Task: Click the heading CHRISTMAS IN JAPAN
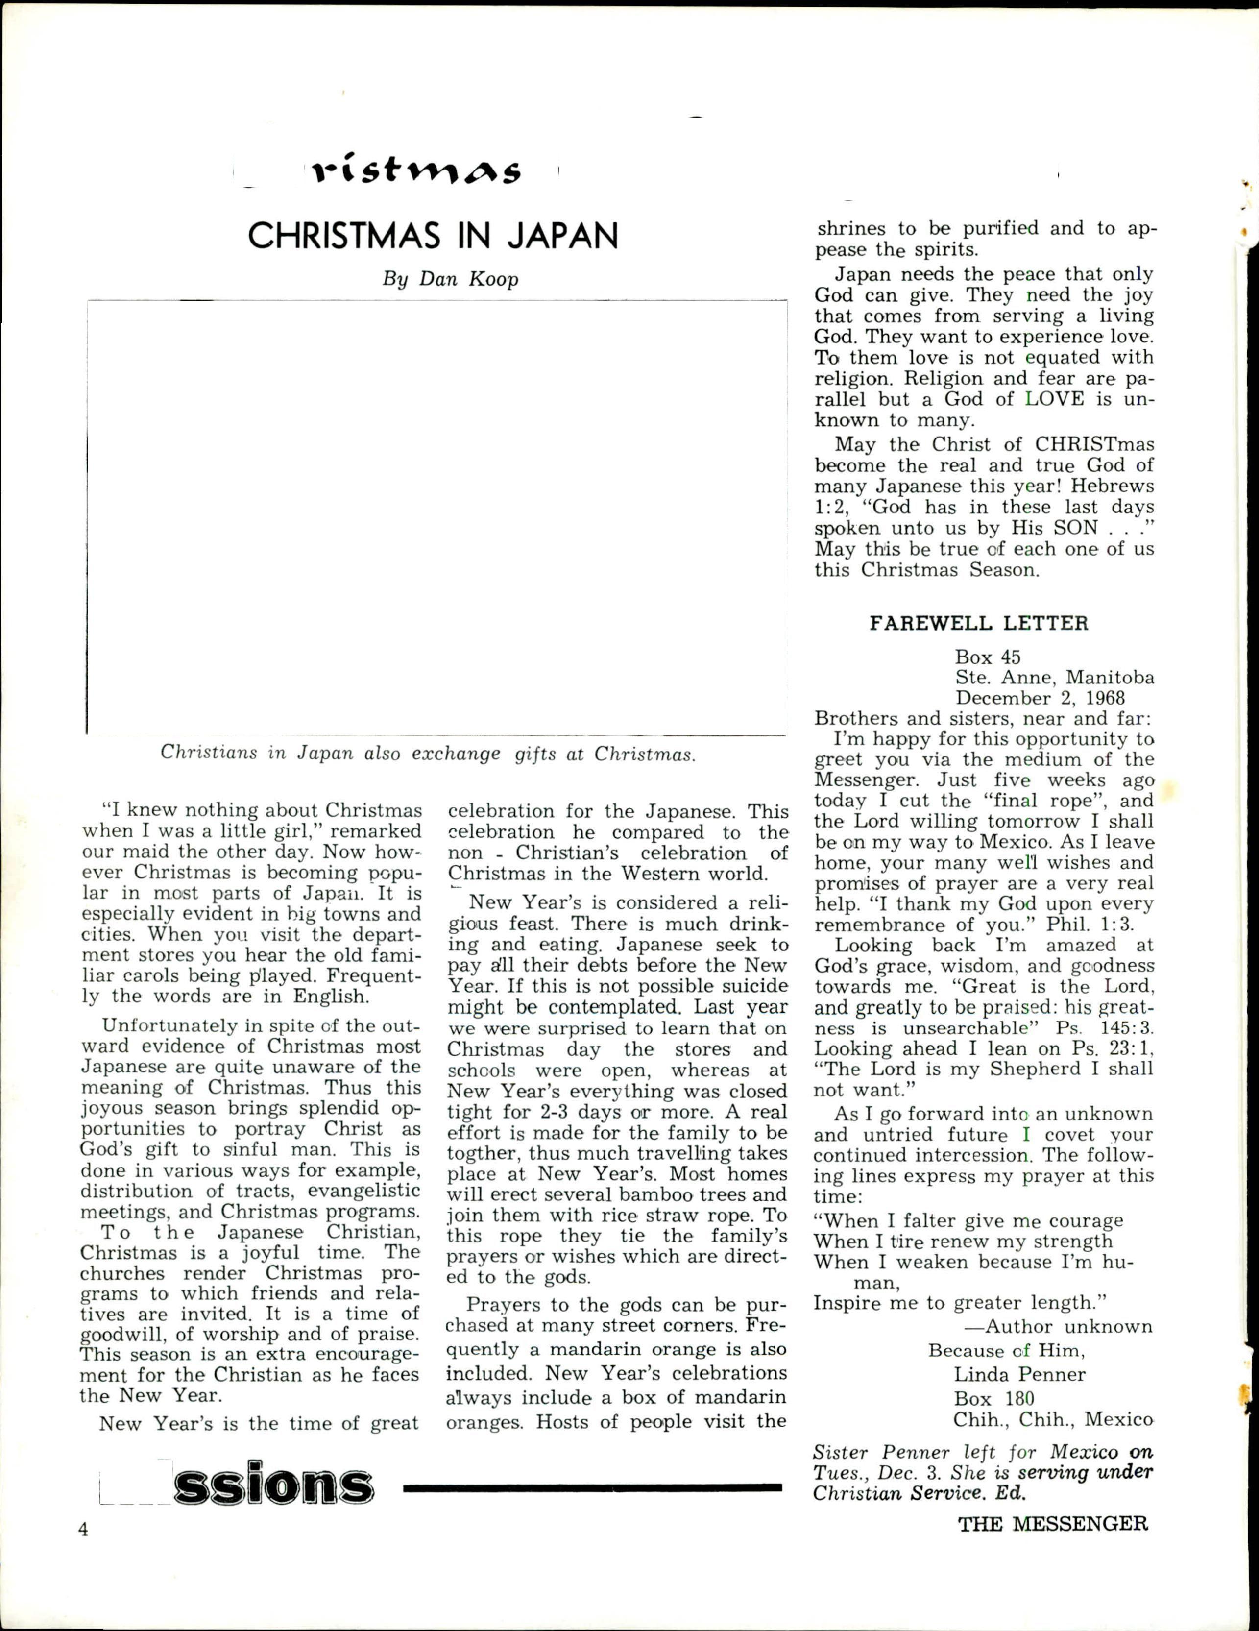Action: pyautogui.click(x=433, y=236)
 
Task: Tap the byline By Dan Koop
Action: pyautogui.click(x=450, y=279)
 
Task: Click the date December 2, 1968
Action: pyautogui.click(x=1040, y=698)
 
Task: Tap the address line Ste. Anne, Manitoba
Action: pyautogui.click(x=1054, y=678)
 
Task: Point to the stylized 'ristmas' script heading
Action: pyautogui.click(x=417, y=172)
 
